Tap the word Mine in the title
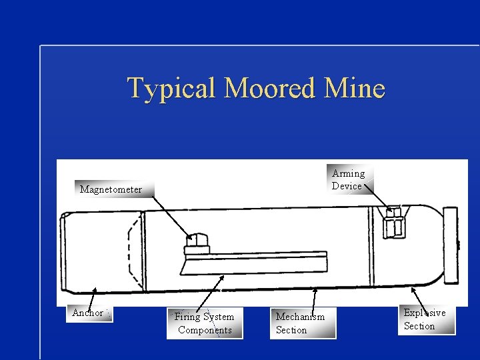359,88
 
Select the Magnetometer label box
111,189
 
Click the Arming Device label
348,179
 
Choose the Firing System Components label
205,323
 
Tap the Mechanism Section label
301,323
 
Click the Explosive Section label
427,319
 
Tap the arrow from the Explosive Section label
419,299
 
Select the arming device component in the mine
394,222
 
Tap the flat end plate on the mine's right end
451,245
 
